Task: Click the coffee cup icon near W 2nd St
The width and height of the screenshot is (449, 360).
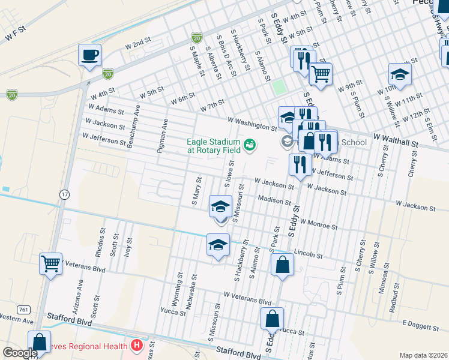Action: click(x=90, y=56)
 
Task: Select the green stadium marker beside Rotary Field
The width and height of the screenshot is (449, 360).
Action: click(x=249, y=145)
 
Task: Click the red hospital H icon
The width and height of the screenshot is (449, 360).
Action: click(x=137, y=346)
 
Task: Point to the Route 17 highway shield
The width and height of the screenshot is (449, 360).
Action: click(x=64, y=194)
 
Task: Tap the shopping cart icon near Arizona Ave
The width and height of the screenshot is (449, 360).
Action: click(x=51, y=263)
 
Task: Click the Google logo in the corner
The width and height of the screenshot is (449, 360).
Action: click(x=20, y=353)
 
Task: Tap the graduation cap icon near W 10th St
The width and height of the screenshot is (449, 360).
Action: click(x=400, y=74)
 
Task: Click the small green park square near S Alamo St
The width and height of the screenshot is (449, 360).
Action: click(x=279, y=86)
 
